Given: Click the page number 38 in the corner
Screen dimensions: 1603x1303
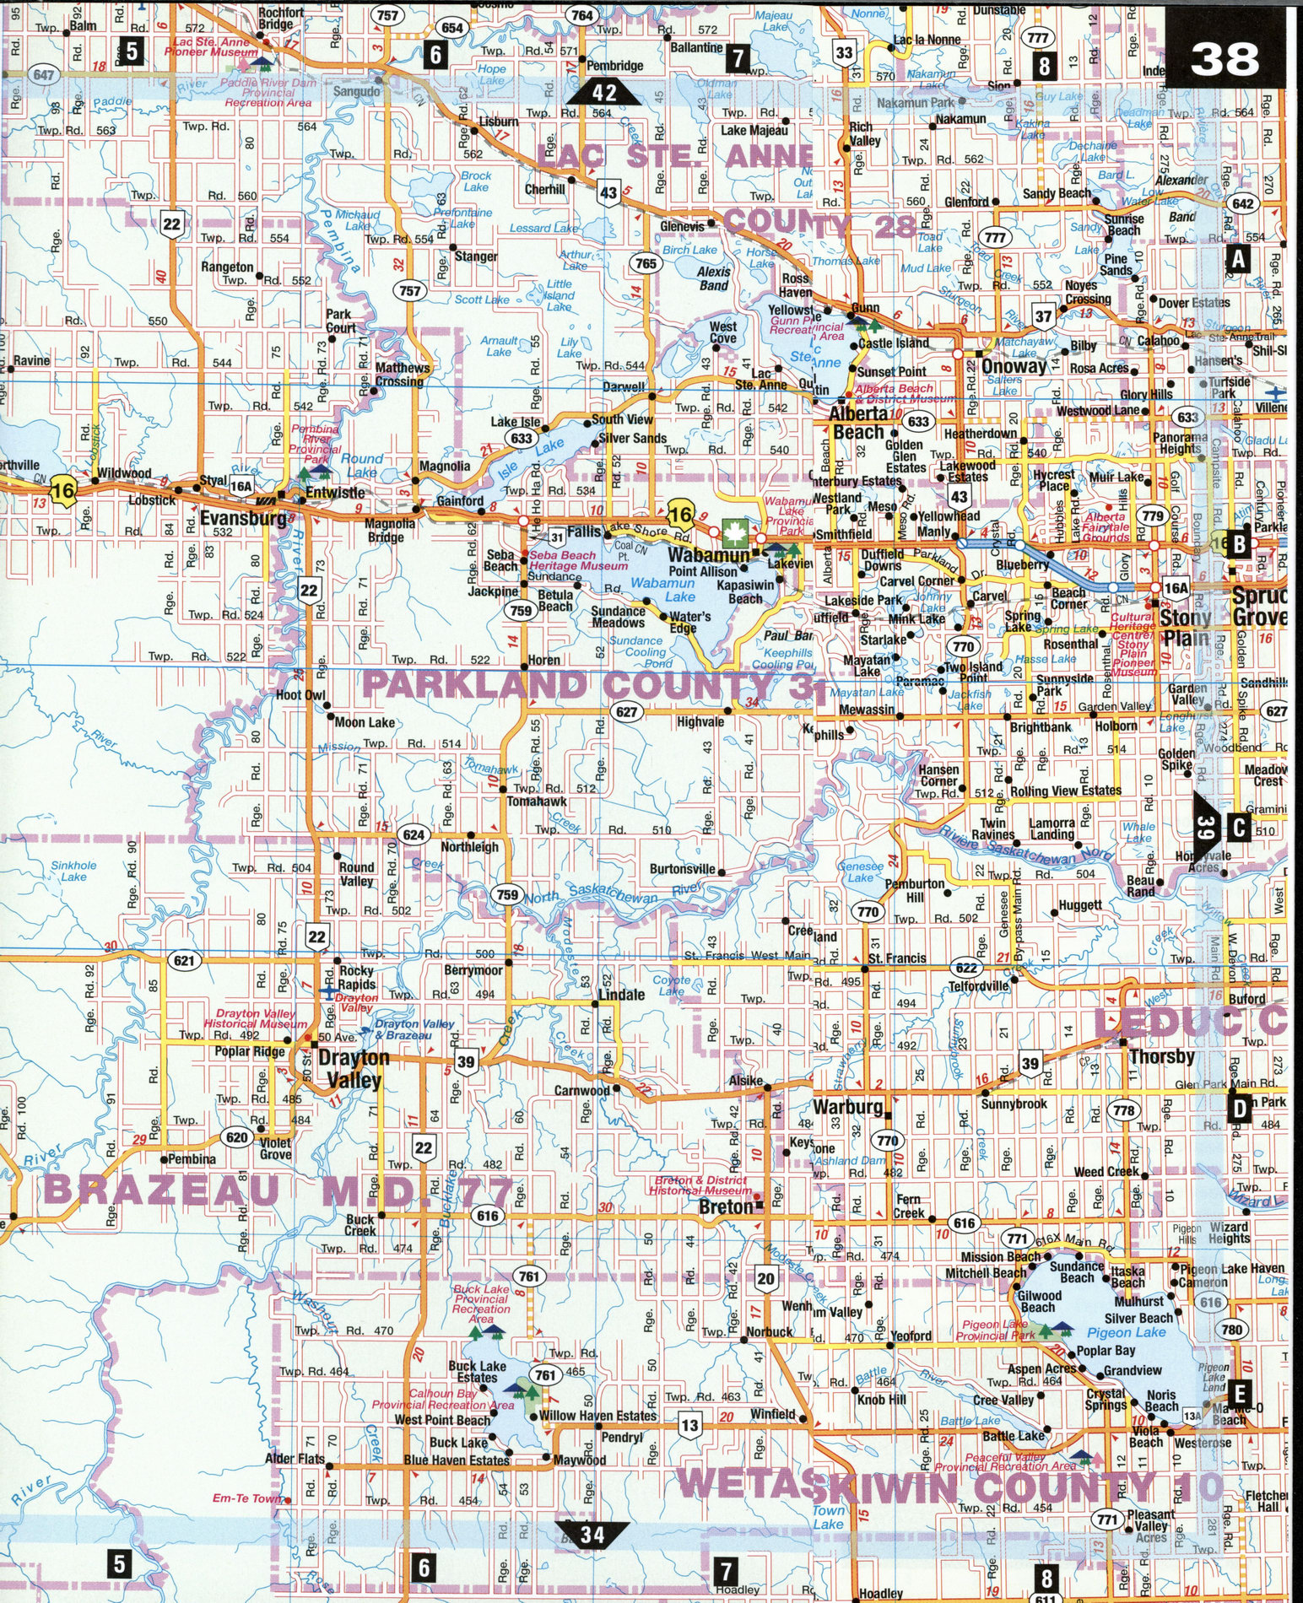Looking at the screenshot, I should pyautogui.click(x=1225, y=60).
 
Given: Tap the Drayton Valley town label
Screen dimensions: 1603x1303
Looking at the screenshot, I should pyautogui.click(x=353, y=1068).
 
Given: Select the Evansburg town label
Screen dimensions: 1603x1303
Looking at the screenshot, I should pyautogui.click(x=244, y=518).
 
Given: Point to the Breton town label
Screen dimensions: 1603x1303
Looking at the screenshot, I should pyautogui.click(x=726, y=1207).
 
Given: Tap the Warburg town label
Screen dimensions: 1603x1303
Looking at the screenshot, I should pyautogui.click(x=848, y=1106).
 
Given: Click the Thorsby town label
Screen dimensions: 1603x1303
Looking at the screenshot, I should pyautogui.click(x=1162, y=1056).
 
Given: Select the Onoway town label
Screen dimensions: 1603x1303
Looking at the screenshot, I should pyautogui.click(x=1014, y=367).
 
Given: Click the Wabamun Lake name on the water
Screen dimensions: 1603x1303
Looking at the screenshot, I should pyautogui.click(x=662, y=590).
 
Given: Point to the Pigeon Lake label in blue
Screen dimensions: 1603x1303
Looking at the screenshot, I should pyautogui.click(x=1127, y=1332).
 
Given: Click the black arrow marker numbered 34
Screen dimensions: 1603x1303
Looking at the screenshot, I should pyautogui.click(x=593, y=1534).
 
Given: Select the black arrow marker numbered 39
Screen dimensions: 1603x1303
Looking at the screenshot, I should pyautogui.click(x=1205, y=828).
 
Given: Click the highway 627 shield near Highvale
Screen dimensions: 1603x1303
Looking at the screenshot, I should pyautogui.click(x=626, y=711).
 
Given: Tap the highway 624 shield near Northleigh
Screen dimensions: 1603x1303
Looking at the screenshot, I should pyautogui.click(x=414, y=835).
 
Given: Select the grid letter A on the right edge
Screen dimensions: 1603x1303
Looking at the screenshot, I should pyautogui.click(x=1237, y=259).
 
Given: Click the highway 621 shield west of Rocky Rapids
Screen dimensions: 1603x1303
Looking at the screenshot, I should pyautogui.click(x=185, y=960).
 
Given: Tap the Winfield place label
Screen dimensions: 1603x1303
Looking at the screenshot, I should pyautogui.click(x=772, y=1414).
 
